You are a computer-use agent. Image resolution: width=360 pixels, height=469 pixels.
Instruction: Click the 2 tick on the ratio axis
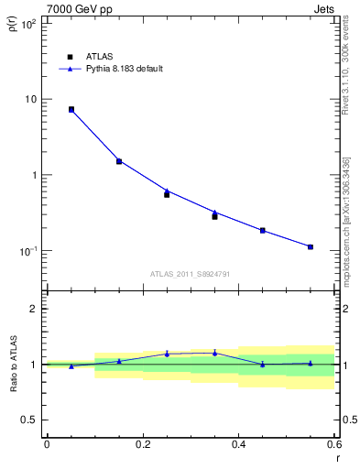pyautogui.click(x=34, y=309)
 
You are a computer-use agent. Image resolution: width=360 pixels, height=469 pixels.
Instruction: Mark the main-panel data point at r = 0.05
pyautogui.click(x=71, y=109)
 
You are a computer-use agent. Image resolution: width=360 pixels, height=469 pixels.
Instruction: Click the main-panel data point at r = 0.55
pyautogui.click(x=311, y=246)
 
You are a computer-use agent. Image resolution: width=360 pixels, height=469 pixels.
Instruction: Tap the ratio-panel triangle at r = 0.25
pyautogui.click(x=167, y=354)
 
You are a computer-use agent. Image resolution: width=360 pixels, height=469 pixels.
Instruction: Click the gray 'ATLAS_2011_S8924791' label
pyautogui.click(x=191, y=274)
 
